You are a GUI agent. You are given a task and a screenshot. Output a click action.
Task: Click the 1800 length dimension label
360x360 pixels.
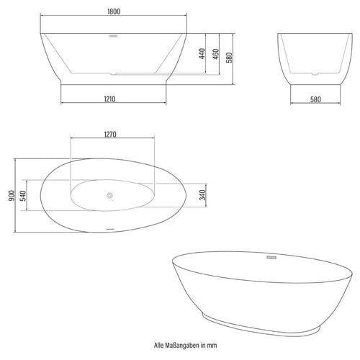tap(114, 12)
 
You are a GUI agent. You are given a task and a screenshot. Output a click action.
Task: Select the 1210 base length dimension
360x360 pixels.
tap(109, 99)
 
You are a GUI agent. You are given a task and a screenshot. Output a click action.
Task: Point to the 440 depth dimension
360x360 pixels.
tap(202, 53)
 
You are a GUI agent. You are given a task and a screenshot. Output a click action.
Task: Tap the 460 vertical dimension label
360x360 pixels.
tap(216, 54)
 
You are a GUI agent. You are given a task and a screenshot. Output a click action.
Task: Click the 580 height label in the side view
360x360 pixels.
tap(230, 58)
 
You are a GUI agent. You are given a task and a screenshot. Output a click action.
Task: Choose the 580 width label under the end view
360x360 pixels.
tap(315, 99)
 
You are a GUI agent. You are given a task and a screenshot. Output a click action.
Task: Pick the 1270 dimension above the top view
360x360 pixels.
tap(110, 135)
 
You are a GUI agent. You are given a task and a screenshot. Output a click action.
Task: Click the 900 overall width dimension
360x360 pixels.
tap(12, 196)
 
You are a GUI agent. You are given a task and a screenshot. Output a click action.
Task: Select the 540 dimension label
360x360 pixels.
tap(23, 196)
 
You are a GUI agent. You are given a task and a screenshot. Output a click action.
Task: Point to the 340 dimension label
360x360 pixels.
tap(203, 195)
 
